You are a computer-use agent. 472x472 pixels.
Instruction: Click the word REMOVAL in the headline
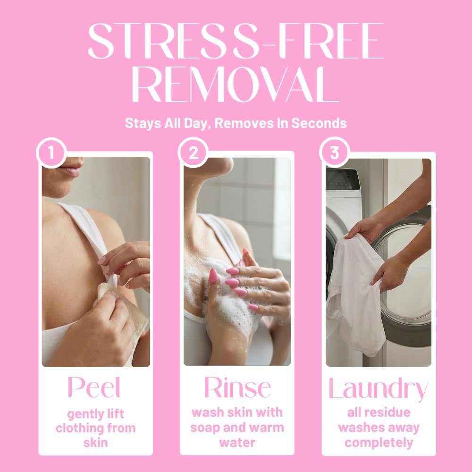(236, 84)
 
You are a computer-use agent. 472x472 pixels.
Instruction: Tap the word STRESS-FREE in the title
(236, 41)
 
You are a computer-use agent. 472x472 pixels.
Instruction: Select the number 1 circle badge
(51, 152)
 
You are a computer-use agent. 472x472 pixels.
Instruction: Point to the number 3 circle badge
(335, 152)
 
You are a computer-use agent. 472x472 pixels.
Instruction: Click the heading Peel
(94, 388)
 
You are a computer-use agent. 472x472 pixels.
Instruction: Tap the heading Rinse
(237, 388)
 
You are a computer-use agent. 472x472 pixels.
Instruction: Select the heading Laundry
(379, 389)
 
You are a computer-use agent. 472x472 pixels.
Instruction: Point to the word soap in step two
(203, 428)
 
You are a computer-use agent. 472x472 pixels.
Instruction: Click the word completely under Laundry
(379, 443)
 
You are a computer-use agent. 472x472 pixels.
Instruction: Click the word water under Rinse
(237, 443)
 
